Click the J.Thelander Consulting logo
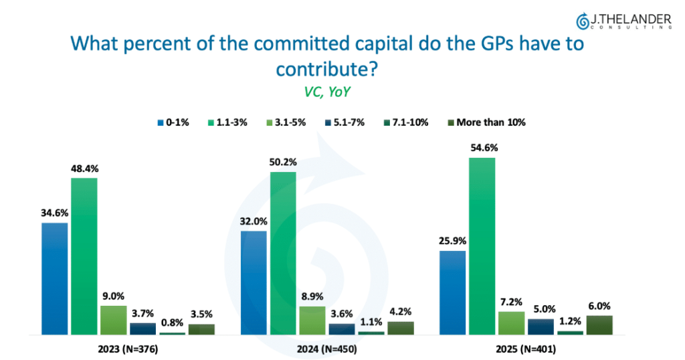coord(624,21)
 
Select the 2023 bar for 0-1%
coord(55,279)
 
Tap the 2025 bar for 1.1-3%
coord(482,246)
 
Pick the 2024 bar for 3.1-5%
coord(312,321)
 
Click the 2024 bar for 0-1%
coord(254,282)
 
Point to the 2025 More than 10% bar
coord(599,325)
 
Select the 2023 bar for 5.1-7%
coord(143,329)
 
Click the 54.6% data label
coord(484,148)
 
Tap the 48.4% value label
coord(85,169)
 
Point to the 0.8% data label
coord(172,323)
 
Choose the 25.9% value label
coord(453,241)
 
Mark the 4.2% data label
coord(400,312)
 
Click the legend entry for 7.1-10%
coord(406,122)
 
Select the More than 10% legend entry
coord(487,122)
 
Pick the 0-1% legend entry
coord(173,122)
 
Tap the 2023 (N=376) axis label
coord(128,349)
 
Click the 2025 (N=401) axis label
coord(526,349)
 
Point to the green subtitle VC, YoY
coord(326,92)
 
